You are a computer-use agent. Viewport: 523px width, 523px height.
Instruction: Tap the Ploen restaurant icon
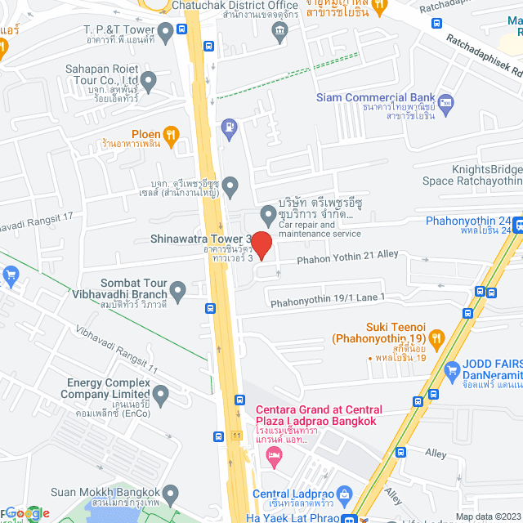170,135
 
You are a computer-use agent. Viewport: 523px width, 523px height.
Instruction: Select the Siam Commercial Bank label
376,98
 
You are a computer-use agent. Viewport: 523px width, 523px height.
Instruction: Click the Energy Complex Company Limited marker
161,397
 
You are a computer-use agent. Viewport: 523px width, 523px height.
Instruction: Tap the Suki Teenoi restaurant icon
436,337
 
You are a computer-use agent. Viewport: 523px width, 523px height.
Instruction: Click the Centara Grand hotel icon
274,458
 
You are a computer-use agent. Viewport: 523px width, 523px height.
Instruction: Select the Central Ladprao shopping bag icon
344,494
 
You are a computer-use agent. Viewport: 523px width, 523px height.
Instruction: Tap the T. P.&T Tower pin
167,34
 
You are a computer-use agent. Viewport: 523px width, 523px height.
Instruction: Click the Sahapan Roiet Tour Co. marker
148,81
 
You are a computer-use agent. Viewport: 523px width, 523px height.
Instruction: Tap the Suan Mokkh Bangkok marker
171,494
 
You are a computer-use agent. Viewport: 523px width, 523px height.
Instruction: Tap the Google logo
27,513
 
